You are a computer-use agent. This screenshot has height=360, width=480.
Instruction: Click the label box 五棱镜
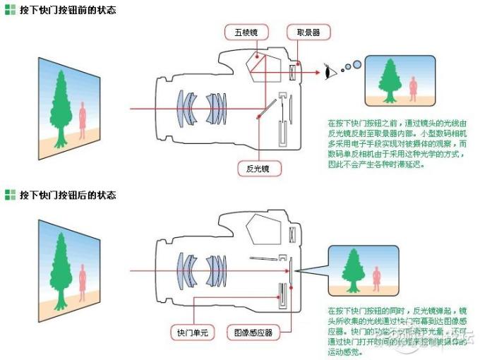pos(244,32)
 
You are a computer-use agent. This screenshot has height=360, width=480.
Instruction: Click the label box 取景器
pos(303,32)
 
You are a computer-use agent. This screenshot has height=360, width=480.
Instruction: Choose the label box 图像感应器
pos(249,331)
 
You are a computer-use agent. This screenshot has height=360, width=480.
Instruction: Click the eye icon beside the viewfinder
pos(327,71)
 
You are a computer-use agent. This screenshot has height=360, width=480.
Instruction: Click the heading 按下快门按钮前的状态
pos(68,11)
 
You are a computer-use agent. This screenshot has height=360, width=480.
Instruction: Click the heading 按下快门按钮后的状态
pos(68,195)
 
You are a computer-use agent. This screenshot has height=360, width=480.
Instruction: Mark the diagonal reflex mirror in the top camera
pos(266,108)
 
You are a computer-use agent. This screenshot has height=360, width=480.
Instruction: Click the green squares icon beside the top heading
pos(9,11)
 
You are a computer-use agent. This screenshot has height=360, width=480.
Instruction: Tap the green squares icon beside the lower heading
pos(9,195)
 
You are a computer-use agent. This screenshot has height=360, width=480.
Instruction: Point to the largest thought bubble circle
pos(356,65)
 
